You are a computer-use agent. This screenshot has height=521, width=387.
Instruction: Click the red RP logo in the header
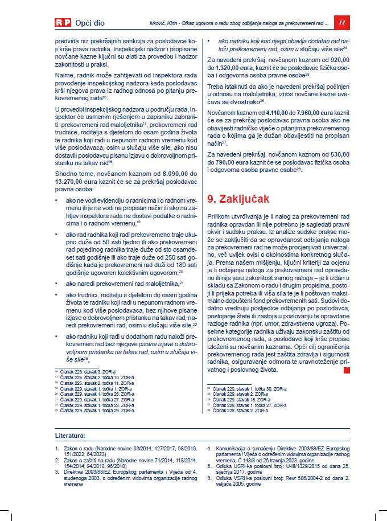pyautogui.click(x=63, y=23)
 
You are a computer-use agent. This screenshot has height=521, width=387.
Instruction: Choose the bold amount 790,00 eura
pyautogui.click(x=232, y=162)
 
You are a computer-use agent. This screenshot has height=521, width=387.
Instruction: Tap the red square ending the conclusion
pyautogui.click(x=347, y=370)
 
